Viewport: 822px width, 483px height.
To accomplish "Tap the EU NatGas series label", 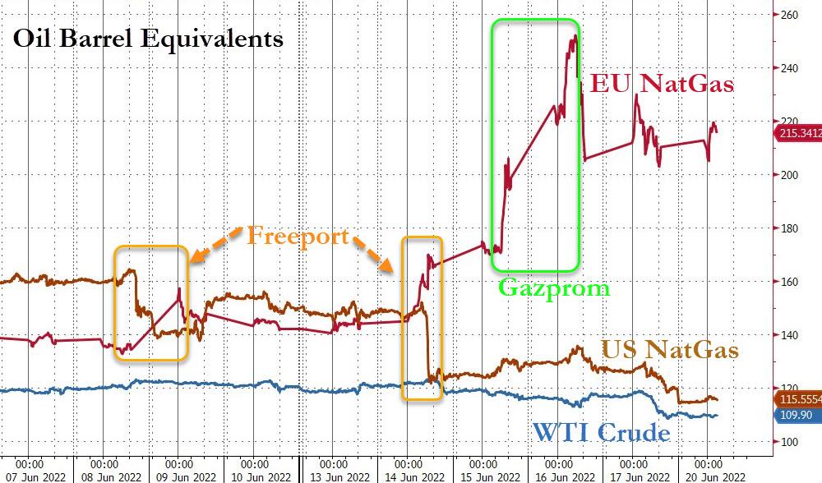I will (663, 83).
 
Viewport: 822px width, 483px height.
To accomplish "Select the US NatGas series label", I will (670, 351).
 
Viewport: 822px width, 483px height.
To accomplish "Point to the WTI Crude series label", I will (602, 432).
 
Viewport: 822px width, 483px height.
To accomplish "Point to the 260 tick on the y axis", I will (790, 15).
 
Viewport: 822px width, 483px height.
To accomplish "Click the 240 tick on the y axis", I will (790, 68).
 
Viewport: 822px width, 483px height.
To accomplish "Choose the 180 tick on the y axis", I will (790, 228).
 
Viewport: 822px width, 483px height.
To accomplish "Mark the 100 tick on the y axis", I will (790, 442).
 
